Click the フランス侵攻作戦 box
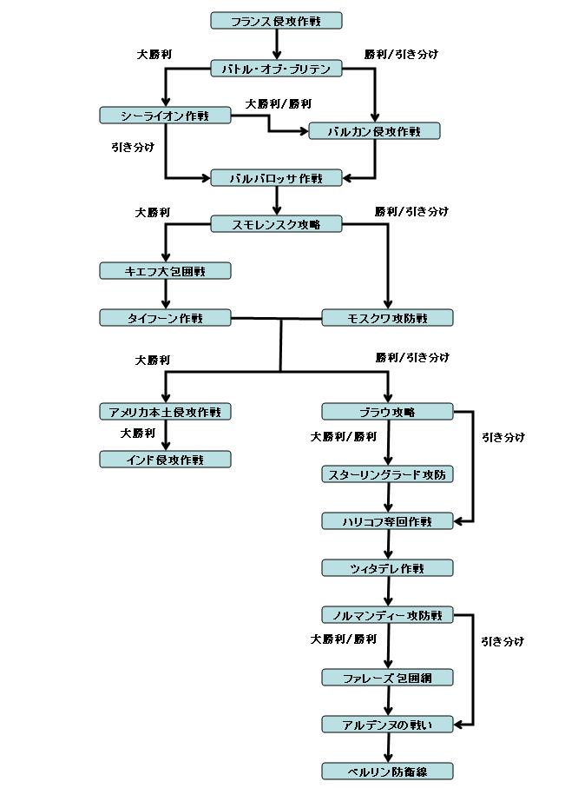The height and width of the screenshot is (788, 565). pos(276,20)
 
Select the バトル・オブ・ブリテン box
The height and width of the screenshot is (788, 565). pos(276,69)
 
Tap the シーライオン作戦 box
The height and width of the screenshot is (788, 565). pos(165,116)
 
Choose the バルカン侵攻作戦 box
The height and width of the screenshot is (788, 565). pos(375,131)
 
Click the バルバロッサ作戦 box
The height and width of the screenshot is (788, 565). pos(276,178)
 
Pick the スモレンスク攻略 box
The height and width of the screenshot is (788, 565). pos(276,224)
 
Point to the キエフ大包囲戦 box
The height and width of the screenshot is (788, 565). pos(165,271)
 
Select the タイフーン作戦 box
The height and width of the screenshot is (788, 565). pos(165,318)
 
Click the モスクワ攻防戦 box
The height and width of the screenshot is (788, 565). pos(387,318)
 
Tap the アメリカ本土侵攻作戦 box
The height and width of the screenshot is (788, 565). pos(165,412)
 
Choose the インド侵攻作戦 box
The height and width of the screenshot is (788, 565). pos(165,459)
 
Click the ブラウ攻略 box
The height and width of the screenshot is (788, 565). pos(387,412)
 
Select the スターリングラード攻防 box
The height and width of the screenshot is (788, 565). pos(387,474)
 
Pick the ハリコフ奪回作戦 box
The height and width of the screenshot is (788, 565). pos(387,521)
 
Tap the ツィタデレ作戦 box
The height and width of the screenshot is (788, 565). pos(387,568)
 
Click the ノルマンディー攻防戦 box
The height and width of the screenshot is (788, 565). pos(387,615)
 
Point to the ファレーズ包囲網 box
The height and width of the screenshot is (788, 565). pos(387,678)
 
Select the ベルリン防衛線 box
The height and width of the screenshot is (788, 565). pos(387,771)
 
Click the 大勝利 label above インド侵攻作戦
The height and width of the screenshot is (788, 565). pos(138,433)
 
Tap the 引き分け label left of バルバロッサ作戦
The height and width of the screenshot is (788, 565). pos(133,148)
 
